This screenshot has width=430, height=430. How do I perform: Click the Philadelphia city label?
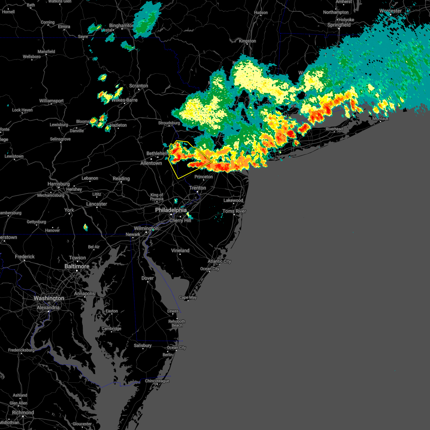click(171, 210)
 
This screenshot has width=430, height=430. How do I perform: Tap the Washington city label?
click(49, 298)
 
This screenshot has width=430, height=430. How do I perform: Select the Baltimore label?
click(77, 266)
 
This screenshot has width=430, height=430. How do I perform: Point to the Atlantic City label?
click(219, 261)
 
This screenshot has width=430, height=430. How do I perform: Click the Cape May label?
click(188, 297)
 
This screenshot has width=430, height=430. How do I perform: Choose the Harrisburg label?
click(58, 184)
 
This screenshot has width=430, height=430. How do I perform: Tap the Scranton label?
click(138, 86)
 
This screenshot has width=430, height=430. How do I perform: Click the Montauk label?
click(381, 119)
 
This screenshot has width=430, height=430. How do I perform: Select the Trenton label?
click(197, 188)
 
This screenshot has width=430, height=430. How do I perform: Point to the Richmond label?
click(23, 412)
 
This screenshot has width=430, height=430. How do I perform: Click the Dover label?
click(147, 278)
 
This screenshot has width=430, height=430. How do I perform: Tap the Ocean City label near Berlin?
click(176, 348)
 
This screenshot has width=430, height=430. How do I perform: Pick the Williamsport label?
click(51, 101)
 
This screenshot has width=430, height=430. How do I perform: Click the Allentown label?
click(151, 163)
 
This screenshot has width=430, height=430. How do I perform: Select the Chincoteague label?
click(157, 381)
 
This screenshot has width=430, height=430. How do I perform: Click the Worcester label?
click(390, 11)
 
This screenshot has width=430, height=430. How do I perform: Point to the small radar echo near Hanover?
click(85, 227)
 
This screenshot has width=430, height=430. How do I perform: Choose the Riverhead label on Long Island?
click(334, 129)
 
